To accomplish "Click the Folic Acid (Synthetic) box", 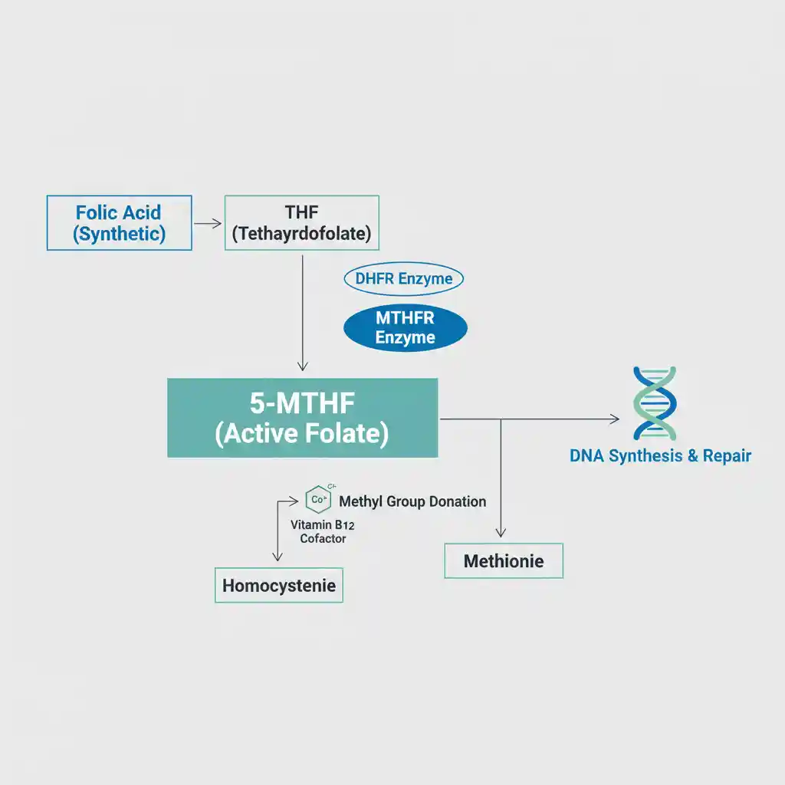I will (119, 222).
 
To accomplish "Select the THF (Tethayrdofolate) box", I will (301, 222).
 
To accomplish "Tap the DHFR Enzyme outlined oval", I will (404, 279).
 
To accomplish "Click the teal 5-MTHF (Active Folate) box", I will (302, 418).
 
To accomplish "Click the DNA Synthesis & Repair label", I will (660, 456).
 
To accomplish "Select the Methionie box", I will (504, 561).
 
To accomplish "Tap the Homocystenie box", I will (279, 586).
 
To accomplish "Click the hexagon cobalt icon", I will (317, 500).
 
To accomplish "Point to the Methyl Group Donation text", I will (412, 501).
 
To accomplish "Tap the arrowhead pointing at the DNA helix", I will (614, 419).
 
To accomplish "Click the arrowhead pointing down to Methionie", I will (501, 531).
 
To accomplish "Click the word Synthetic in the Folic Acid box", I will (119, 234).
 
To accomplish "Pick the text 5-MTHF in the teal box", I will (302, 403).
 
